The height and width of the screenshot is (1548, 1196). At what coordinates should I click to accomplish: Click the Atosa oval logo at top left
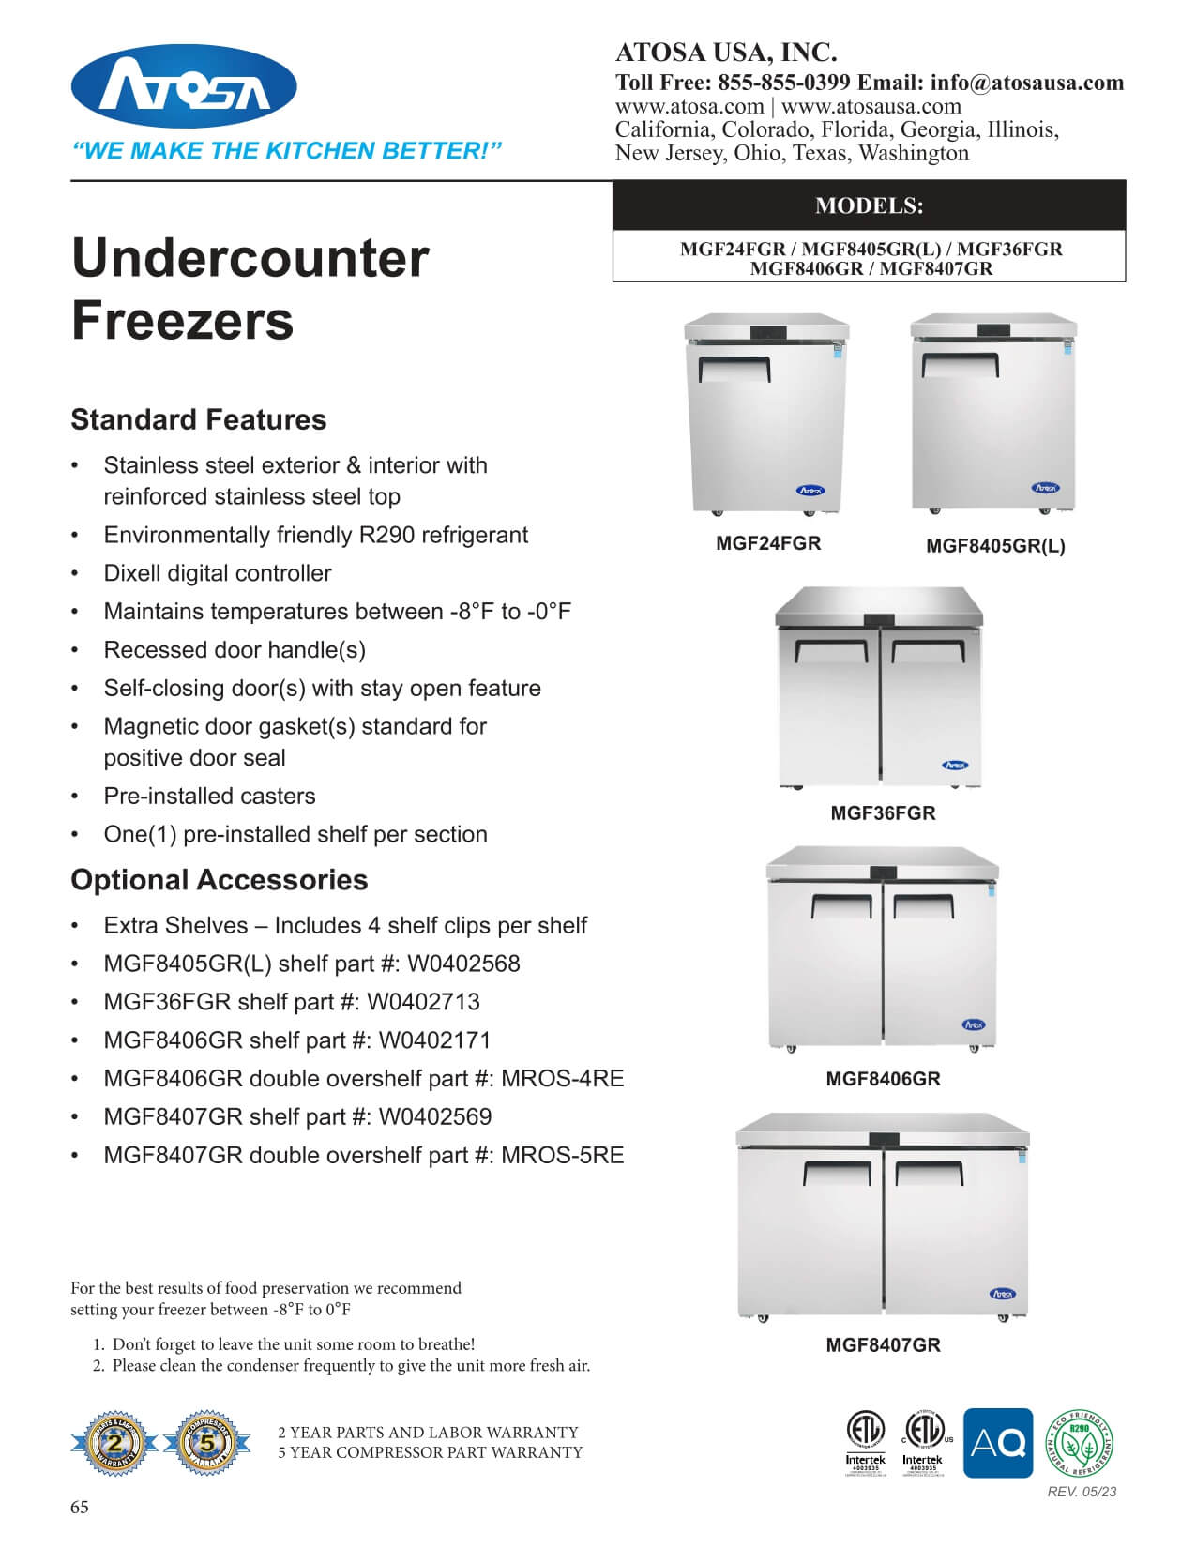[x=184, y=87]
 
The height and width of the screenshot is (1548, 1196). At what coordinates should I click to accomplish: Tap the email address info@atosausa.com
[x=1027, y=83]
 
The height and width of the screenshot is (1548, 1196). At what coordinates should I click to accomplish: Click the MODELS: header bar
[x=869, y=205]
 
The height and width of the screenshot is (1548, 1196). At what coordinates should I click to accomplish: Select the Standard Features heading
[x=199, y=419]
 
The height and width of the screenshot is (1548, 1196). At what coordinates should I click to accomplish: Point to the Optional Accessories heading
[x=220, y=880]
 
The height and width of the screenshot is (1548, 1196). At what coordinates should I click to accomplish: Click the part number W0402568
[x=448, y=964]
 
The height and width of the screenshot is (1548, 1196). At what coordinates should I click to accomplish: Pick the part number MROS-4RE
[x=563, y=1079]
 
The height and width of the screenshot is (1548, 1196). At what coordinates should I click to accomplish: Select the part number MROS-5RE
[x=563, y=1155]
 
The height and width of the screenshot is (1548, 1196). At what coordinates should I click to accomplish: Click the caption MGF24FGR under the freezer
[x=768, y=543]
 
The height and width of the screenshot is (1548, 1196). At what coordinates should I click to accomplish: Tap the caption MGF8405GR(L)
[x=995, y=546]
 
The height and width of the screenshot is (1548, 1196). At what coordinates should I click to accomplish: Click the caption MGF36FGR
[x=883, y=813]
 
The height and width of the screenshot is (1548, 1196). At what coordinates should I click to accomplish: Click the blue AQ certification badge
[x=998, y=1443]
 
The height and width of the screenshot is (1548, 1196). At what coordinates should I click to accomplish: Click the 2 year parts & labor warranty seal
[x=114, y=1443]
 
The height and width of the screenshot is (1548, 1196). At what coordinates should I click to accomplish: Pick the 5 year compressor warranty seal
[x=207, y=1443]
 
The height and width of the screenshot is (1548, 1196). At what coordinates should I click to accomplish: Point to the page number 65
[x=80, y=1508]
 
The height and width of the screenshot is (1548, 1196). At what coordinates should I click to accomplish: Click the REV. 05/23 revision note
[x=1082, y=1492]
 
